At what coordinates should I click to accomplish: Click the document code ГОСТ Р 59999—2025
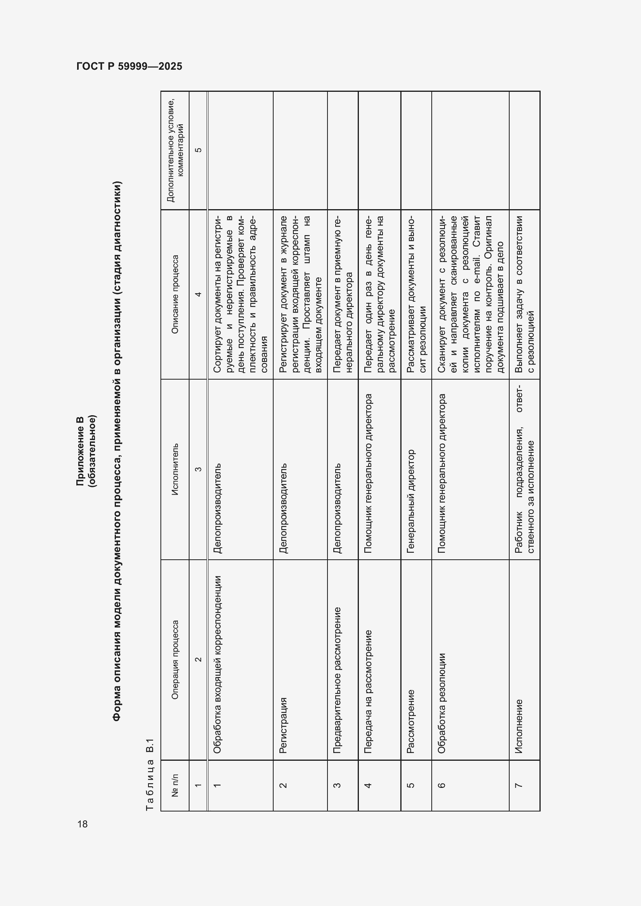[129, 66]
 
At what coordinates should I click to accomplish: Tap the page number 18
[83, 824]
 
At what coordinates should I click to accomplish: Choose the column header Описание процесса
[175, 294]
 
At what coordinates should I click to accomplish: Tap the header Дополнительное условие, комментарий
[175, 150]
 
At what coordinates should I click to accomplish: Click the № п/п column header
[175, 785]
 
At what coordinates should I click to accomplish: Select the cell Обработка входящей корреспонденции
[217, 665]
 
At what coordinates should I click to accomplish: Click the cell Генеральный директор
[410, 501]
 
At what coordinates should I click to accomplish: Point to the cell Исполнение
[519, 726]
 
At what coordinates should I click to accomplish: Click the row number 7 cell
[519, 785]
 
